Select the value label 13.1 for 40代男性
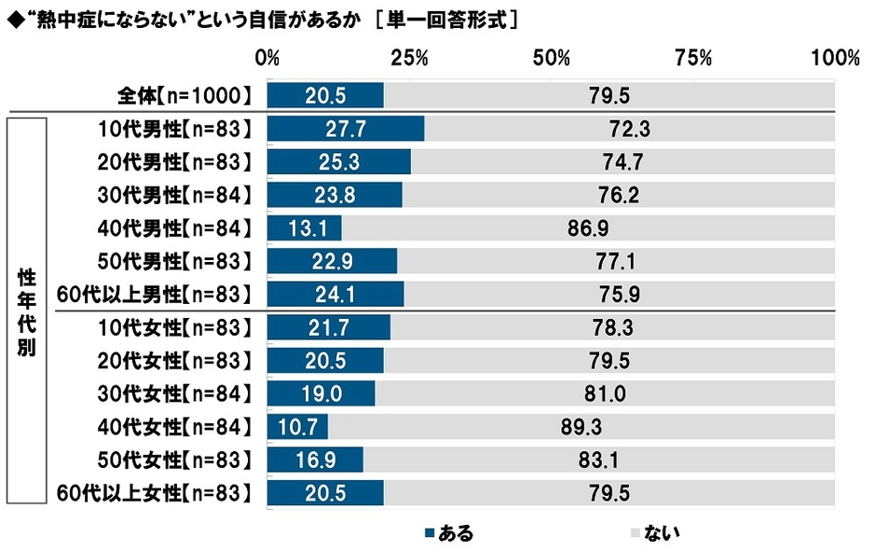pyautogui.click(x=305, y=228)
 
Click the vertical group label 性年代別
pyautogui.click(x=27, y=310)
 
